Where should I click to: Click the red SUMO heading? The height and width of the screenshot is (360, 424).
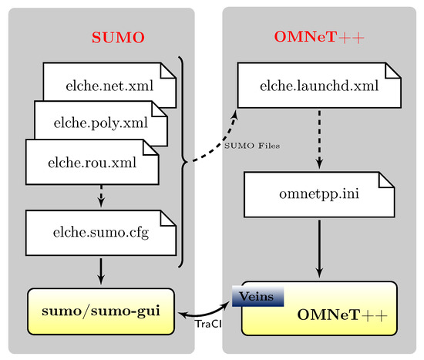click(x=118, y=37)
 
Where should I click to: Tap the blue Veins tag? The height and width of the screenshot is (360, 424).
click(x=257, y=295)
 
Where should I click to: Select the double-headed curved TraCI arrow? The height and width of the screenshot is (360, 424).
click(x=209, y=310)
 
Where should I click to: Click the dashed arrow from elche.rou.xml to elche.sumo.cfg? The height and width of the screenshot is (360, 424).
click(x=101, y=198)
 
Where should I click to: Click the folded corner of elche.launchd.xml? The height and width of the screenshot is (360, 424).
click(x=393, y=70)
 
